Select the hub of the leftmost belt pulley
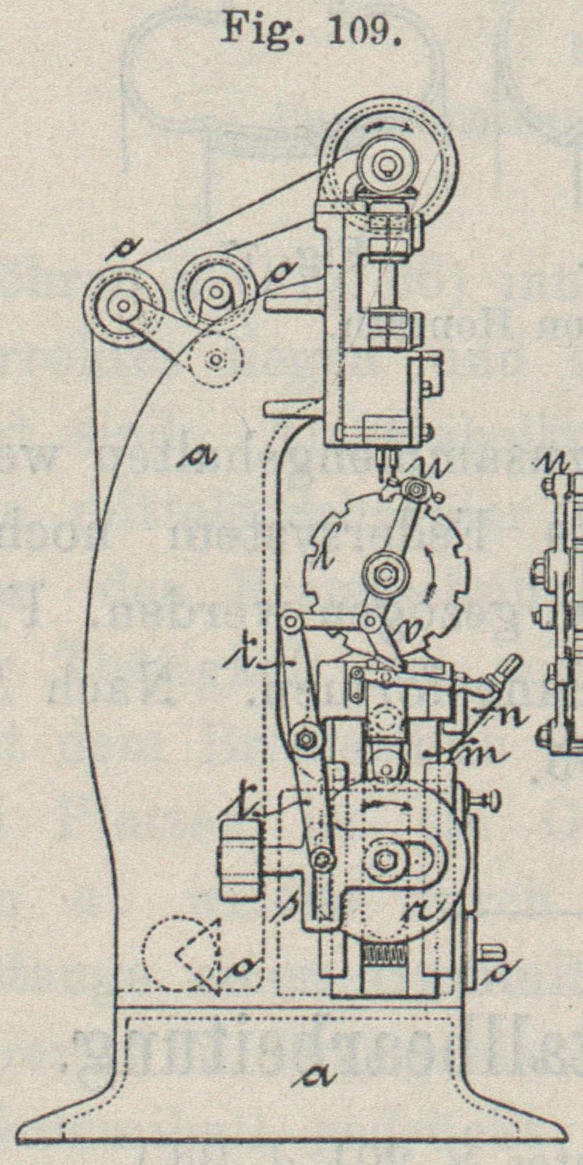[x=123, y=304]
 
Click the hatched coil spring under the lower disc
[x=386, y=957]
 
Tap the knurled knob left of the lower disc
[x=239, y=859]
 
